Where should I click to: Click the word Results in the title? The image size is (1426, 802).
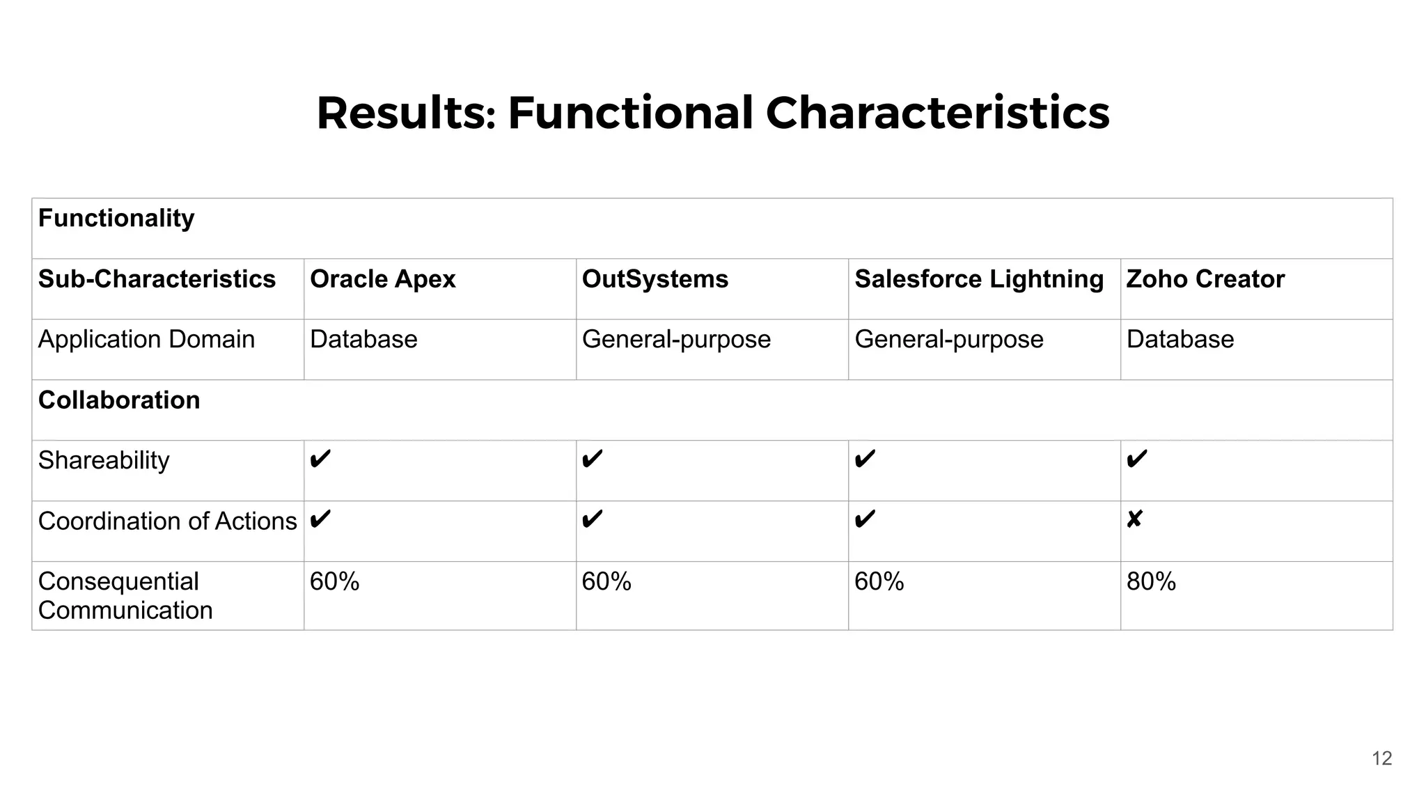coord(405,113)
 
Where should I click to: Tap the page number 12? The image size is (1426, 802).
coord(1381,758)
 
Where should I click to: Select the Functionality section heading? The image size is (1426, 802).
coord(116,219)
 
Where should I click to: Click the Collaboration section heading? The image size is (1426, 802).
coord(119,400)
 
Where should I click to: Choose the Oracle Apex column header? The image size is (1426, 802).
coord(382,279)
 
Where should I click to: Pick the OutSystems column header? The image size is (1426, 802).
coord(655,279)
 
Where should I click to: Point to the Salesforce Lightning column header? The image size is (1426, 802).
coord(978,279)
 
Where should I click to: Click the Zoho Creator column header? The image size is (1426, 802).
coord(1205,279)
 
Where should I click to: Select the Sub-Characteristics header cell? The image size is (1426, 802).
coord(157,279)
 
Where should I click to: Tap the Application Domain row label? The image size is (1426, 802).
coord(146,340)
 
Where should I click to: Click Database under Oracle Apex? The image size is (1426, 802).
coord(363,340)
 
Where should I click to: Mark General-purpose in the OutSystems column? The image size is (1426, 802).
coord(676,340)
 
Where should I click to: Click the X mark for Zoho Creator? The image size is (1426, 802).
coord(1134,519)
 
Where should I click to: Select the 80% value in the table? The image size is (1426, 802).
coord(1151,581)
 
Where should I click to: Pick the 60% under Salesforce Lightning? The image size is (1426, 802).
coord(879,581)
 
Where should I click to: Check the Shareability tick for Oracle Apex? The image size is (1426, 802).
coord(320,459)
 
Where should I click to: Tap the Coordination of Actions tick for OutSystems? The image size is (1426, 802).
coord(592,519)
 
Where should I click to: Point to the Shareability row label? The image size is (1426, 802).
coord(104,461)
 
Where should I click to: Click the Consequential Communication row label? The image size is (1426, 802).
coord(125,596)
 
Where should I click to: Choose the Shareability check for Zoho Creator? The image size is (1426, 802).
coord(1136,459)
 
